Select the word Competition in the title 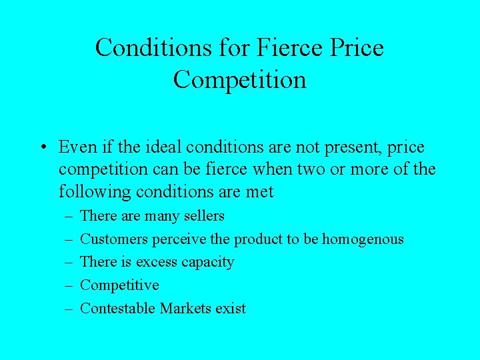240,80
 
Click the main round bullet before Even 42,147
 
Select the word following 95,192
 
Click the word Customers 114,239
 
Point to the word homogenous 363,239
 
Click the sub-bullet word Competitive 119,285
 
